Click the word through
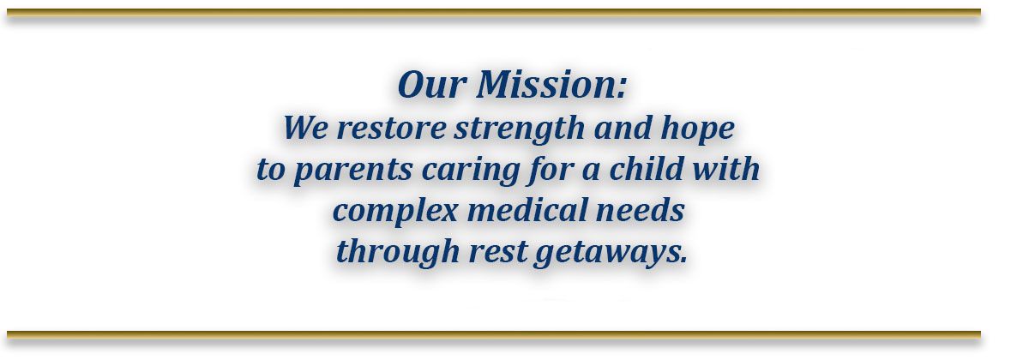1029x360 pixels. coord(395,252)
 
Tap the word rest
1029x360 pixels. coord(496,252)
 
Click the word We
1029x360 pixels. coord(305,129)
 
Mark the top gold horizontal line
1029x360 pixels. coord(493,13)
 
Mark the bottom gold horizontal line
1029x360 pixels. coord(493,334)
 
